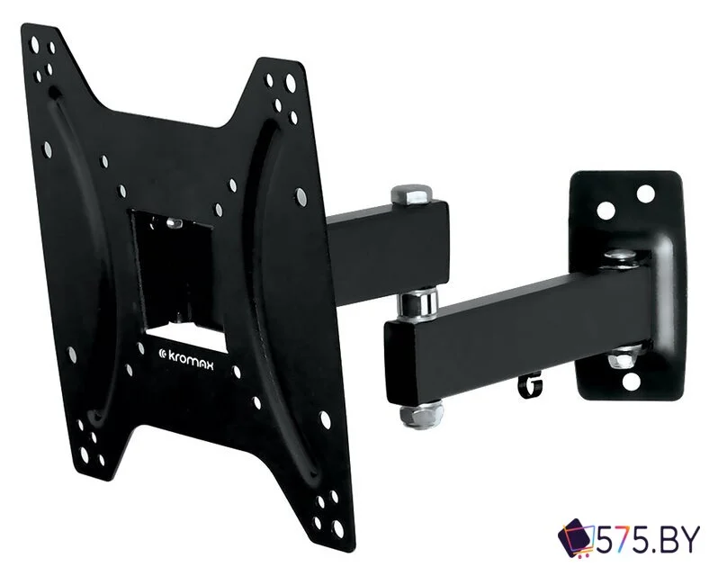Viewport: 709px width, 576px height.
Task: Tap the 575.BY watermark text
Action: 648,540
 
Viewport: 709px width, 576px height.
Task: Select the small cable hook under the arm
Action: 530,385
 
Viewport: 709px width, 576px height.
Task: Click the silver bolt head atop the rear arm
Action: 410,193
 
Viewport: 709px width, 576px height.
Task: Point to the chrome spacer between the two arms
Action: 417,303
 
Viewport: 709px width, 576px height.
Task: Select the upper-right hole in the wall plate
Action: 645,193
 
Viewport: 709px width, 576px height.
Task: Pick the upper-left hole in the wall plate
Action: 606,211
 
